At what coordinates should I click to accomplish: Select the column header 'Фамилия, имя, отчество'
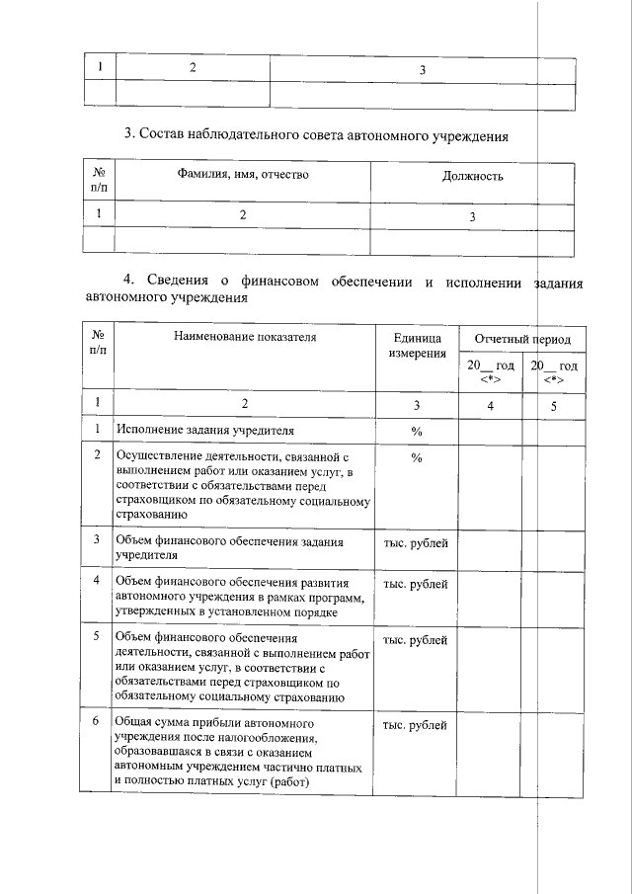[243, 175]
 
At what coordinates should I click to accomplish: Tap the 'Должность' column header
[472, 176]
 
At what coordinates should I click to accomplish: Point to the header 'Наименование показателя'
[244, 337]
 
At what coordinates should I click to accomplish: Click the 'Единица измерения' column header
[417, 345]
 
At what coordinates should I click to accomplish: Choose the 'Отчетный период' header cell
[522, 339]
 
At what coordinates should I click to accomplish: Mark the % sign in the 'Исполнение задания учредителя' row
[417, 431]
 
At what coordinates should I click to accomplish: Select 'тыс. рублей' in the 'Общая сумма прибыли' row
[415, 726]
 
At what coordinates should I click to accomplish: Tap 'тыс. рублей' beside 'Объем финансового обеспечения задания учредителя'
[415, 542]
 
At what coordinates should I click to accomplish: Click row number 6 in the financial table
[97, 721]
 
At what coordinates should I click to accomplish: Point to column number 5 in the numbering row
[553, 403]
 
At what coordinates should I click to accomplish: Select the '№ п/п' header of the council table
[98, 178]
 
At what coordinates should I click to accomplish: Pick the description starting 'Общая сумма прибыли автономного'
[238, 752]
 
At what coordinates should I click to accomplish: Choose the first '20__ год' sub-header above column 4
[491, 372]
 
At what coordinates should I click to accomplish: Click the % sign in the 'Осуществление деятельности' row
[417, 457]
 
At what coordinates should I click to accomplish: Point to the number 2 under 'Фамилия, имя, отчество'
[242, 215]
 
